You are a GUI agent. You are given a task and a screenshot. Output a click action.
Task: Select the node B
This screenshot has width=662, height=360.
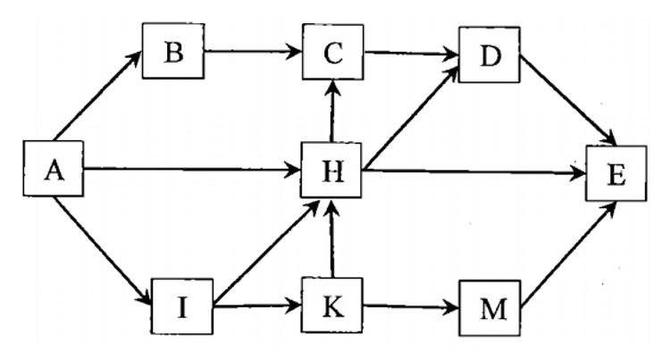click(173, 51)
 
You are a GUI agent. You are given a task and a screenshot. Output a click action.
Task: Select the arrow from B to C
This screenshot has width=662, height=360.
click(252, 51)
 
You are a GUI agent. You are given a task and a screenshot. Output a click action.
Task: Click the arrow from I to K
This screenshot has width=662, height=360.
click(258, 307)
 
